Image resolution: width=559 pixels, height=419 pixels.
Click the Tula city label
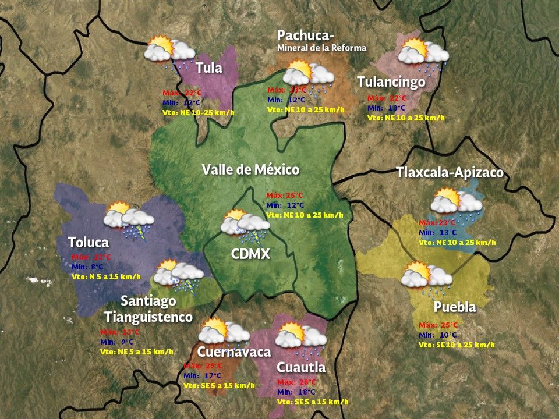[209, 68]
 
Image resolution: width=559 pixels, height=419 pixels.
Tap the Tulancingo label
[391, 82]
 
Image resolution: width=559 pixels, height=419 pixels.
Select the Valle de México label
[250, 170]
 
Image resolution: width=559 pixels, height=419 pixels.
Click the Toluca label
[88, 242]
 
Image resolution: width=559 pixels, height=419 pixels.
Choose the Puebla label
[455, 307]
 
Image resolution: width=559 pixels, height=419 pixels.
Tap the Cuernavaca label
[234, 352]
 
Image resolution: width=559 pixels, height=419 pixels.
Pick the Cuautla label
[301, 368]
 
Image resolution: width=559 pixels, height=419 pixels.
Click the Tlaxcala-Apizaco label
[450, 173]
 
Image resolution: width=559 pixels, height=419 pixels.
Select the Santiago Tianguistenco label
[148, 309]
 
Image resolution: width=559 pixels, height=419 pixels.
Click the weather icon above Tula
[171, 52]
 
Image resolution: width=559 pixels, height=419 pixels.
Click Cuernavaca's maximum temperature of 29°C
[201, 365]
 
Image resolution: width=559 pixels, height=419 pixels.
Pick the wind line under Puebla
[457, 345]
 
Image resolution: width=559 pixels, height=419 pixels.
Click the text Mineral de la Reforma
[321, 48]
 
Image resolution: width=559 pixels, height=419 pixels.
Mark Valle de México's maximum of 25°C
[285, 195]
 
